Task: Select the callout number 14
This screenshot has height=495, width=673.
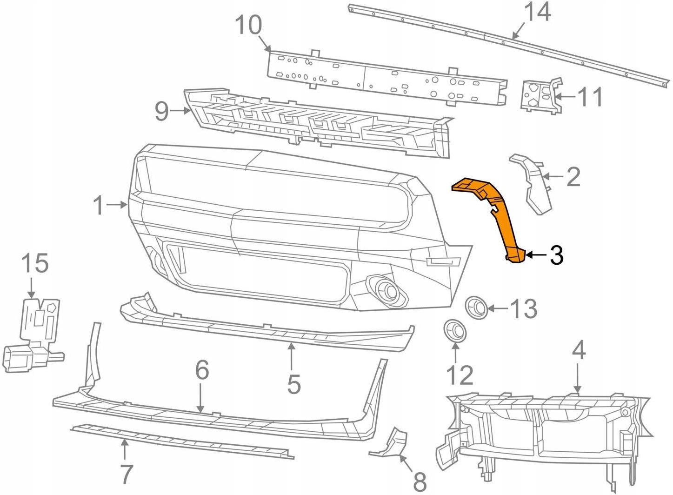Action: [x=538, y=13]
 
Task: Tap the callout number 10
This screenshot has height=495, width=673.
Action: [x=248, y=26]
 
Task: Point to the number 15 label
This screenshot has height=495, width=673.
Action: [x=35, y=264]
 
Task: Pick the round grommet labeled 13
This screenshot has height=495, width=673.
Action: [x=476, y=307]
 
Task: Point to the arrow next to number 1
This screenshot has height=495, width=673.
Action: [x=116, y=204]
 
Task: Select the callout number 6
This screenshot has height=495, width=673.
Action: [x=202, y=370]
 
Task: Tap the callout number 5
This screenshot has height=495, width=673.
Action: [x=293, y=384]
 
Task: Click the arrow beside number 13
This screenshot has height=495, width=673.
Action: [x=498, y=308]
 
